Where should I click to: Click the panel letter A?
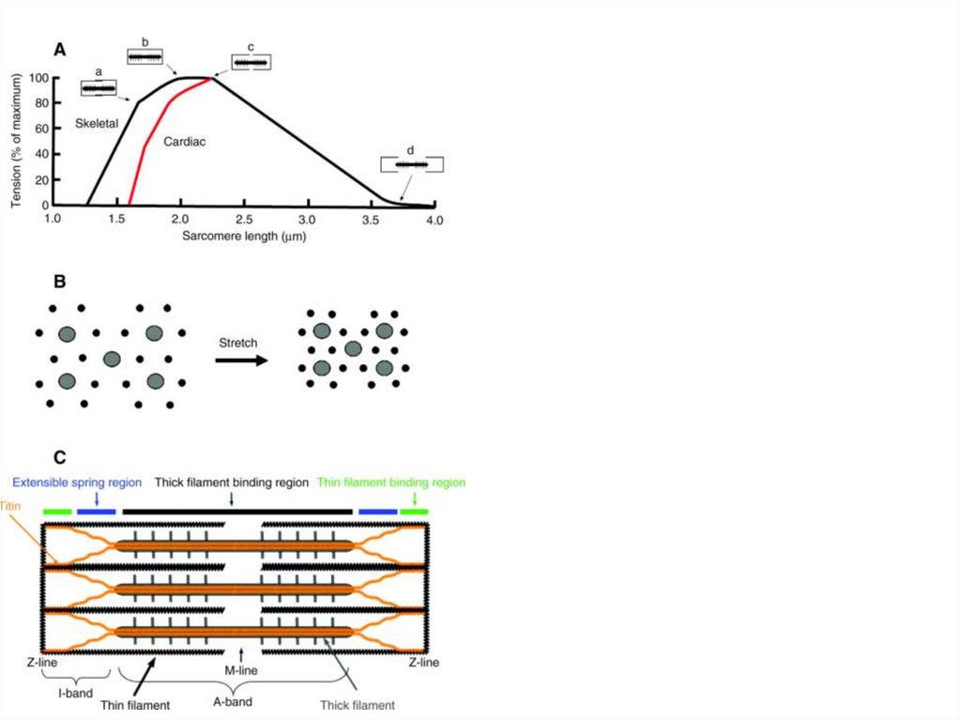[59, 50]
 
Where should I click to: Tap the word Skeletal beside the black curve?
[97, 124]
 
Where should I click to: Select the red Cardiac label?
[184, 142]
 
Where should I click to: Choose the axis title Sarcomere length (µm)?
[245, 236]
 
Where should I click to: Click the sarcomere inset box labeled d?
[411, 164]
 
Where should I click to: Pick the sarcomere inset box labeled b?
[145, 57]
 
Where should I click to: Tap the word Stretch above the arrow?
[237, 344]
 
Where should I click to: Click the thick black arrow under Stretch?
[240, 361]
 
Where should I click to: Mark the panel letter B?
[59, 282]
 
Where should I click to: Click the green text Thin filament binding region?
[391, 483]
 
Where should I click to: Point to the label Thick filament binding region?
[231, 483]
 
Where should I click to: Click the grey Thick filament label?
[358, 704]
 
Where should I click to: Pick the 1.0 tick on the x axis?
[53, 218]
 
